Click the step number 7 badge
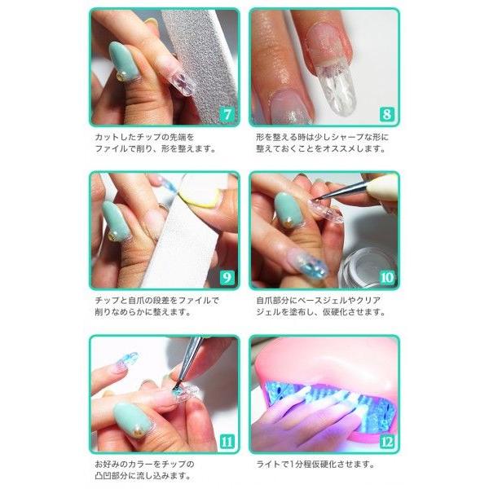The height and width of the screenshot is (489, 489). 227,114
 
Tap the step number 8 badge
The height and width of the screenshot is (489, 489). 387,114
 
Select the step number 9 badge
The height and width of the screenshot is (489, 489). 227,278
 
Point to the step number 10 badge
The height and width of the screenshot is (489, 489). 387,278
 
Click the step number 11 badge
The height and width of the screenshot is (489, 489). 227,442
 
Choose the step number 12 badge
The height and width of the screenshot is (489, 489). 387,442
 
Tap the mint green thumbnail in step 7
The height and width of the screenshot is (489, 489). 123,62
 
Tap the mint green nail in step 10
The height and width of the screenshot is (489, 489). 288,209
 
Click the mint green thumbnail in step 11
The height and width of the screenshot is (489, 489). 132,418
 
